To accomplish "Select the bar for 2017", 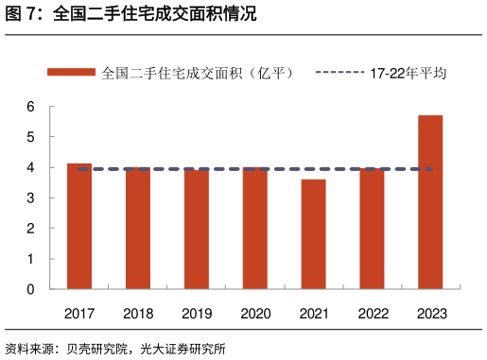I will [79, 227].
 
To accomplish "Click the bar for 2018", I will [138, 229].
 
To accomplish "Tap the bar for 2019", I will [197, 230].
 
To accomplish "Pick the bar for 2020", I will [255, 229].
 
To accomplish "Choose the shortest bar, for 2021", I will [313, 234].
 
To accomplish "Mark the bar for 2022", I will [372, 229].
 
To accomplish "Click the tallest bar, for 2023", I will [430, 202].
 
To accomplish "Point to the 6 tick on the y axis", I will [30, 107].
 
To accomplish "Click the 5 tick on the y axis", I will [30, 137].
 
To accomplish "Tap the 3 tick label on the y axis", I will [30, 198].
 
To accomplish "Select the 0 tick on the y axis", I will [30, 289].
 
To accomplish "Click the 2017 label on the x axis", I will [79, 314].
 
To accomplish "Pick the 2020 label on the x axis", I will [255, 314].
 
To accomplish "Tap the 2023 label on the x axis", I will [430, 314].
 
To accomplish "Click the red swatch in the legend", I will [72, 72].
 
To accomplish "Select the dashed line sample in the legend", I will [339, 72].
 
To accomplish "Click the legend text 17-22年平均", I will [408, 72].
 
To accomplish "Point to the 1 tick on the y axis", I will [30, 259].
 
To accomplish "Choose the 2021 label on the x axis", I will [313, 314].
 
